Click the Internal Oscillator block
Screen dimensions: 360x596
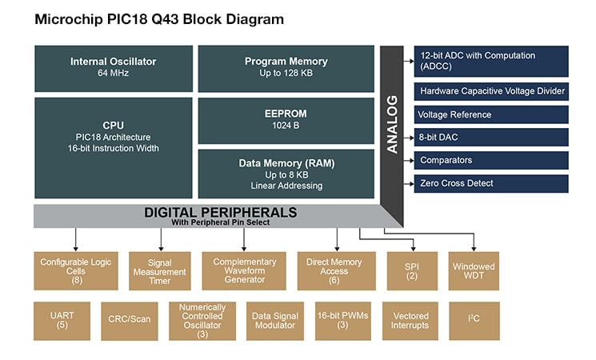(x=114, y=67)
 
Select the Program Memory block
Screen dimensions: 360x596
(x=286, y=67)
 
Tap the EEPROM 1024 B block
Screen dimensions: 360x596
(x=286, y=120)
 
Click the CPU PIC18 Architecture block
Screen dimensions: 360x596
(x=114, y=147)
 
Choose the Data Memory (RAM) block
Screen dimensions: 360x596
(x=286, y=174)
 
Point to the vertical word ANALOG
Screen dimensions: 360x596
(x=392, y=125)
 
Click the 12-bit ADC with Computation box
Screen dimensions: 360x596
(x=491, y=62)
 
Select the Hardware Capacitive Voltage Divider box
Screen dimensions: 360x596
(x=491, y=91)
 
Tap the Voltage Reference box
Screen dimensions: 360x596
(x=491, y=114)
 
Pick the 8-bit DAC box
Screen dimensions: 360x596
(x=491, y=138)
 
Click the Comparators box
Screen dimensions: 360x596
(x=491, y=161)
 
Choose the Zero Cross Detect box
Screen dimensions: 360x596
(x=491, y=184)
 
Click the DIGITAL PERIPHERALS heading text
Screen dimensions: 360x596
(x=220, y=213)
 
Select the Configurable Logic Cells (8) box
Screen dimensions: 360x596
(x=76, y=270)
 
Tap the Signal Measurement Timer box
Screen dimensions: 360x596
(x=160, y=270)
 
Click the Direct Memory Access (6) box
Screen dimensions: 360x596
(x=334, y=270)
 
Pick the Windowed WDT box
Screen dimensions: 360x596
(x=474, y=270)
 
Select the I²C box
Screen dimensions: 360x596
(x=474, y=321)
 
